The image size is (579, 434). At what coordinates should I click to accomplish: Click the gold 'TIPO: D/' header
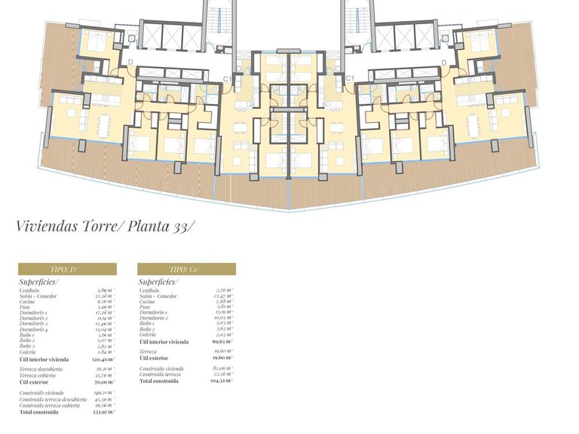67,269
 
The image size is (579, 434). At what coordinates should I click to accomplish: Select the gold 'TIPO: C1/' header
186,269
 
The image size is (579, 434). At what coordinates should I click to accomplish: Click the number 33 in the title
184,225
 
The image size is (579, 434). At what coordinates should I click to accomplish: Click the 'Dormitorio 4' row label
36,329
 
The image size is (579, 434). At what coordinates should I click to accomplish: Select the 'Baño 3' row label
29,347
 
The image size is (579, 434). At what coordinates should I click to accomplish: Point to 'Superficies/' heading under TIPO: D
39,281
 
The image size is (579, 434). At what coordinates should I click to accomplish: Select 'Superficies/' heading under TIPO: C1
158,281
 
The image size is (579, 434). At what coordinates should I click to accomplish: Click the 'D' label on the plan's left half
130,62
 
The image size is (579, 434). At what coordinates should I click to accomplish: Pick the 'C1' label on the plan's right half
350,78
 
